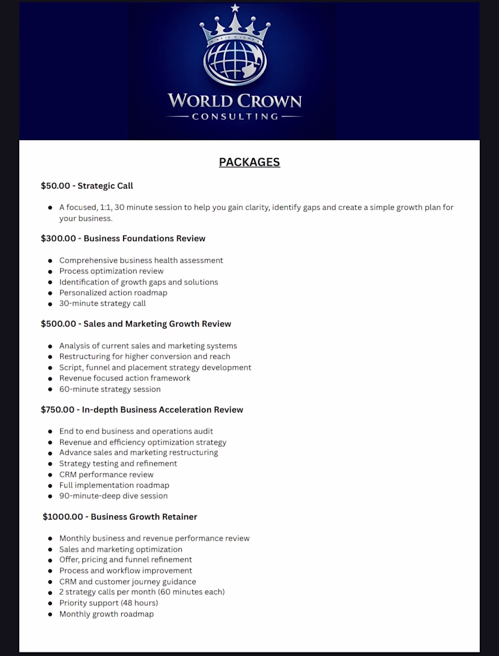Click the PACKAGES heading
coord(249,162)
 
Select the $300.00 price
coord(58,239)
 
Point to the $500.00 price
coord(58,324)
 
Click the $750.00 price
coord(58,410)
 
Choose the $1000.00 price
coord(63,516)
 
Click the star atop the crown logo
coord(235,8)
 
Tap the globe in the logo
coord(234,62)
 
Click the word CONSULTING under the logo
coord(235,117)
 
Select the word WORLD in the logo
coord(199,100)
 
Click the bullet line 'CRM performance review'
coord(106,475)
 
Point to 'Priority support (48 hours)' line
coord(109,603)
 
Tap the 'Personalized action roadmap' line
coord(113,293)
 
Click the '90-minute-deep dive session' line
coord(113,496)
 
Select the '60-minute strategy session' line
coord(110,389)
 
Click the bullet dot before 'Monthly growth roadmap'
coord(50,614)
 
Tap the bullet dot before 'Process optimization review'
coord(50,271)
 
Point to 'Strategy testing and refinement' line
coord(118,463)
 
